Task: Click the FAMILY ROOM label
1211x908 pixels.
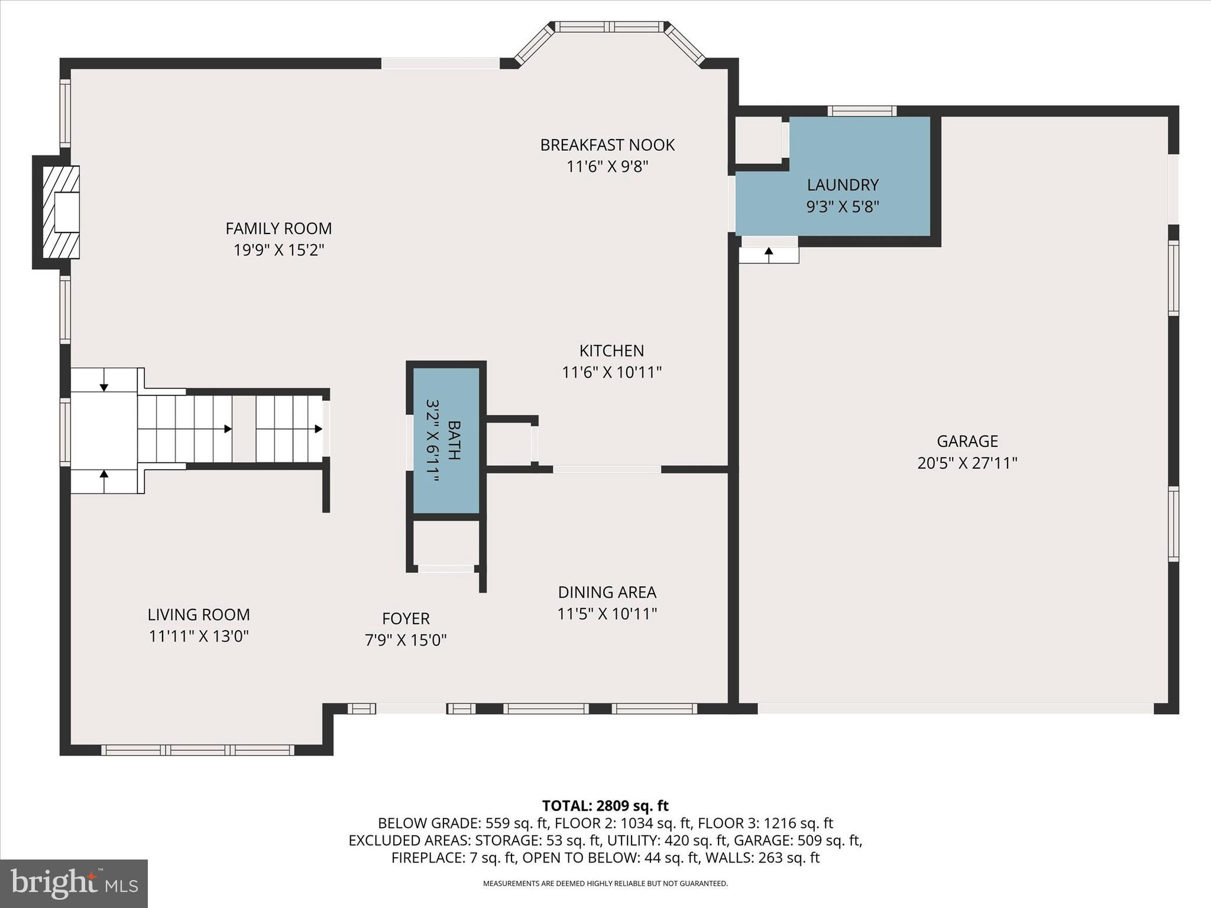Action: coord(279,228)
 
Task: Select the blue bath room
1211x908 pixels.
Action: coord(446,440)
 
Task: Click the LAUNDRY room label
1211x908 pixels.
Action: coord(843,185)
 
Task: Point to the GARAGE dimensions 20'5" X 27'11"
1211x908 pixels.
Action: coord(967,463)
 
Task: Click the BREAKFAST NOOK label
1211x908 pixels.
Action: coord(607,145)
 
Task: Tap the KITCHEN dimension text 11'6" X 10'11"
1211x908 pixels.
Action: coord(611,372)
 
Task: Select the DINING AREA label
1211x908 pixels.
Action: coord(607,592)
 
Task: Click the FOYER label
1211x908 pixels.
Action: coord(406,618)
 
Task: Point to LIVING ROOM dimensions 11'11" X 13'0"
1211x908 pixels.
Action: coord(199,637)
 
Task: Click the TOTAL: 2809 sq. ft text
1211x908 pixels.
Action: coord(605,806)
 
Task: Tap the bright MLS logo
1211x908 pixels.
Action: coord(74,884)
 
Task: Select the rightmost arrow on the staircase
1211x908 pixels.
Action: coord(318,429)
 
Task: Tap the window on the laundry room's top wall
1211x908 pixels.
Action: coord(862,111)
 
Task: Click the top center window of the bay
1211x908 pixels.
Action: coord(609,27)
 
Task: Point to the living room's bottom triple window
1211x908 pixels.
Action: coord(197,750)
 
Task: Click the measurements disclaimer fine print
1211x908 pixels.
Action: coord(605,884)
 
